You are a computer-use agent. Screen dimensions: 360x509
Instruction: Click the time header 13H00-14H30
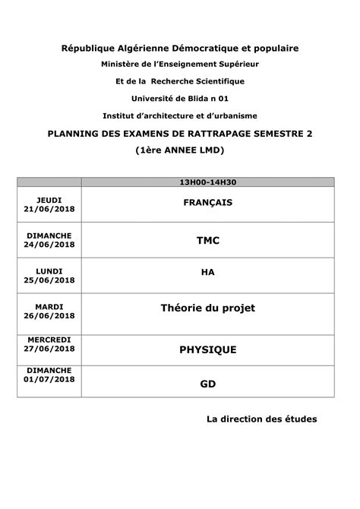(207, 182)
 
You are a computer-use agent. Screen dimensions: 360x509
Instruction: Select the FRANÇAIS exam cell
(207, 203)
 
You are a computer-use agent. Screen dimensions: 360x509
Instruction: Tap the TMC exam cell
(207, 240)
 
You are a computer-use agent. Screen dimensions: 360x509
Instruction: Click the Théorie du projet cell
(207, 308)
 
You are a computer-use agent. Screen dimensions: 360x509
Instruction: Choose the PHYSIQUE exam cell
(207, 349)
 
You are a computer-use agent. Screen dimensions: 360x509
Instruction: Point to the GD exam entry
(207, 384)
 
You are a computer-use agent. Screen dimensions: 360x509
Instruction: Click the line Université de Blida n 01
(180, 98)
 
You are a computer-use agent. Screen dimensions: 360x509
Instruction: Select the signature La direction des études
(261, 419)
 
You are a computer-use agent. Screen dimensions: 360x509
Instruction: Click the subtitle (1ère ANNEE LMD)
(180, 150)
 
